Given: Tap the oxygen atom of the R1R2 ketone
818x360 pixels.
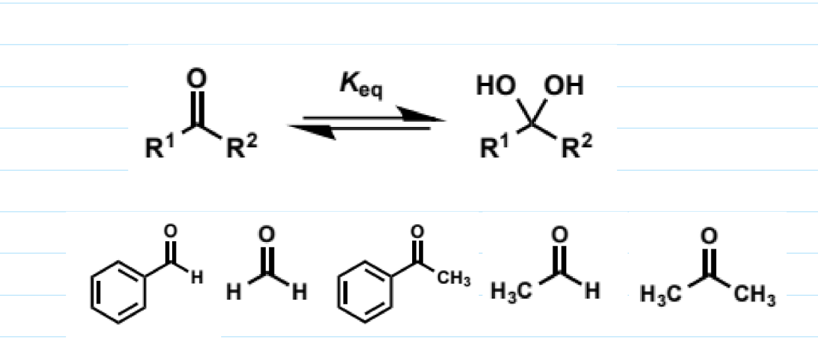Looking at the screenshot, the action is (197, 79).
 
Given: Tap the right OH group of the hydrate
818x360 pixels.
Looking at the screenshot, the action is (564, 87).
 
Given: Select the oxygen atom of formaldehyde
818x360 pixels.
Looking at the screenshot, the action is (266, 236).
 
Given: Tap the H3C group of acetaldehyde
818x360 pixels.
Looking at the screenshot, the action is (511, 292).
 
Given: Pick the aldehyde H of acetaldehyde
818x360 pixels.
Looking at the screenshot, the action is (591, 292).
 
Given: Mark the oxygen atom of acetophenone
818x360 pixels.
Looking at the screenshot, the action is (418, 231).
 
